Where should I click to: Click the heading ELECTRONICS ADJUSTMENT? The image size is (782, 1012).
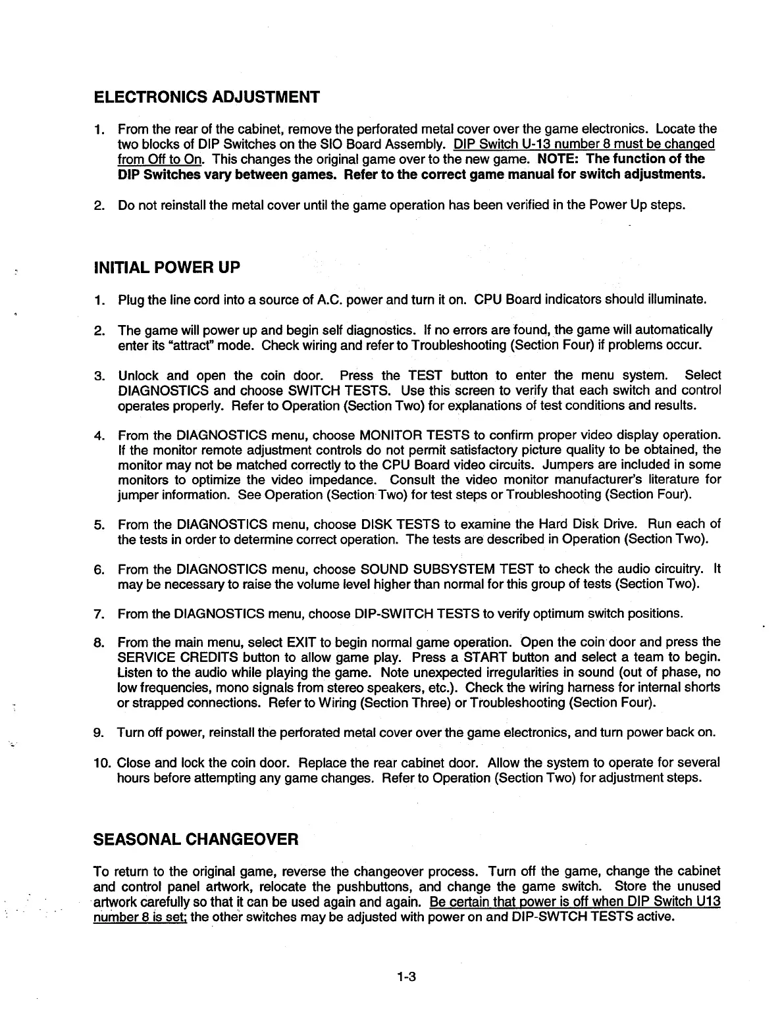[x=207, y=97]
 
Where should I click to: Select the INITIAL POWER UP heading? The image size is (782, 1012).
[x=168, y=267]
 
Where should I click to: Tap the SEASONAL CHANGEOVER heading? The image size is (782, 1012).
[x=197, y=840]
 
